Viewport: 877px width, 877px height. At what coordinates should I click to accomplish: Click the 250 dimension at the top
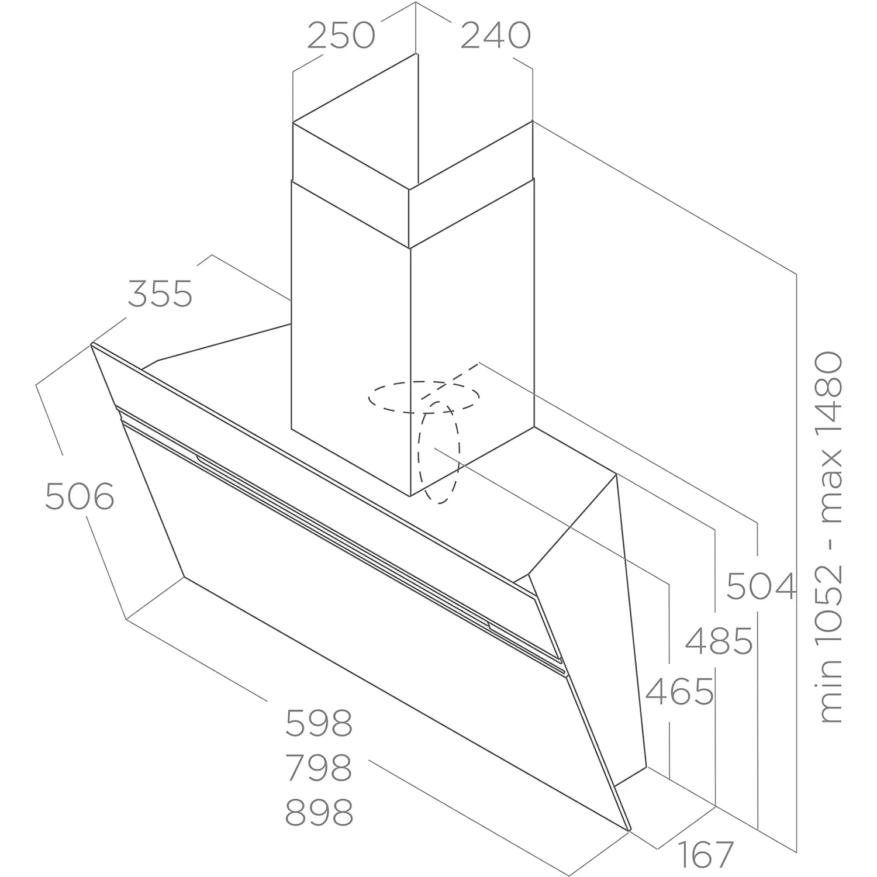(341, 36)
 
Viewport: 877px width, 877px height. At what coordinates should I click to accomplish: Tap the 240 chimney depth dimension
(496, 36)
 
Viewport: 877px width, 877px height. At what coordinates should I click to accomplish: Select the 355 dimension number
(160, 294)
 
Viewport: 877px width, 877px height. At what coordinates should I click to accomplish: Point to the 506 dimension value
(80, 497)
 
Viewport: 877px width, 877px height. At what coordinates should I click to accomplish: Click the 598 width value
(319, 723)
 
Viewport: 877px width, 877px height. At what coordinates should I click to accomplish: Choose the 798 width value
(319, 768)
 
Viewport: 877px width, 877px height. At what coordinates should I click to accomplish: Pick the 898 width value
(319, 812)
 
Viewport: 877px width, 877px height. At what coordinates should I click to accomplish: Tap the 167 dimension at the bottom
(706, 855)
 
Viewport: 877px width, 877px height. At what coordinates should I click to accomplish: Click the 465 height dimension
(679, 692)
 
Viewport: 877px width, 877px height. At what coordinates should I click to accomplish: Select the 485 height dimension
(719, 641)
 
